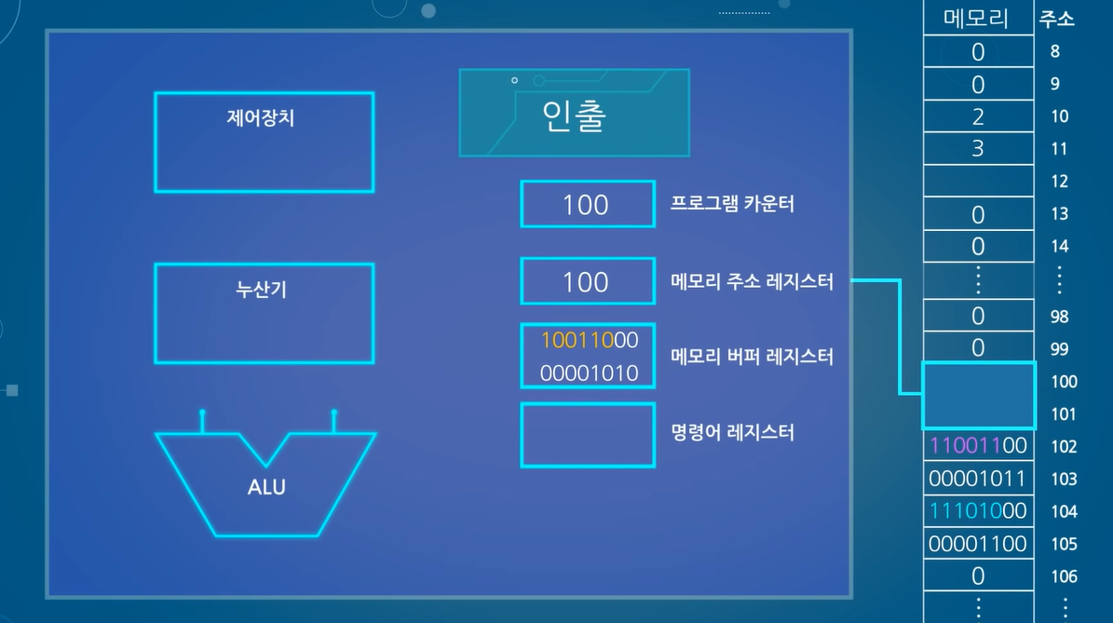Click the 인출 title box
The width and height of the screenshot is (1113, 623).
574,113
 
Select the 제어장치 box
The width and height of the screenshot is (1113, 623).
264,142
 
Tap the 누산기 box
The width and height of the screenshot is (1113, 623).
264,313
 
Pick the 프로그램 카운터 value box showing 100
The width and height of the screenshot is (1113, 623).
587,205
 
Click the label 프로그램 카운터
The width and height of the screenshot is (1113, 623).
732,204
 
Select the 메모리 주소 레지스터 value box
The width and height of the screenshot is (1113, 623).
587,282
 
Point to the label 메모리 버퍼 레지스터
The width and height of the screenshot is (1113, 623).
752,356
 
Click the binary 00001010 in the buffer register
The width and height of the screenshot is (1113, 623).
589,373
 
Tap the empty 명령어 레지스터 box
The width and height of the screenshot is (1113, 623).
587,435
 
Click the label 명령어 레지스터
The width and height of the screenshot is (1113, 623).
732,433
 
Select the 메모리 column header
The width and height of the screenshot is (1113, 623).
977,19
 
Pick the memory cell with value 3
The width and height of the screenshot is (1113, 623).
977,149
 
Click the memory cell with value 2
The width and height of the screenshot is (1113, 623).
977,116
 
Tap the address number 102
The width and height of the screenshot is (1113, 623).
1064,446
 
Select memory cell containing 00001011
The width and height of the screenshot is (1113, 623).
977,479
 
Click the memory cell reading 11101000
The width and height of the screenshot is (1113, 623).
977,511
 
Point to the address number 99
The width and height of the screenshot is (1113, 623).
1059,349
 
